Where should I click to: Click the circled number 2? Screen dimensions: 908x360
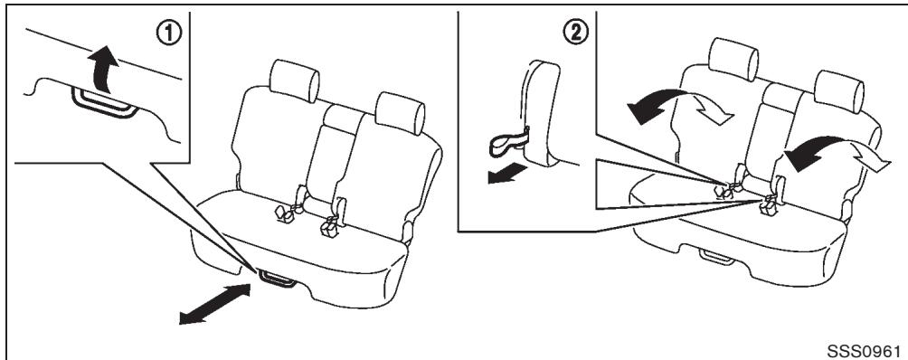pyautogui.click(x=575, y=33)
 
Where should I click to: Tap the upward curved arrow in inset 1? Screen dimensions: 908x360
pyautogui.click(x=104, y=69)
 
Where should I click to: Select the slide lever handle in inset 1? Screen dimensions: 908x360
pyautogui.click(x=104, y=103)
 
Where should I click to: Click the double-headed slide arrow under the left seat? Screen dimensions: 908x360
pyautogui.click(x=215, y=304)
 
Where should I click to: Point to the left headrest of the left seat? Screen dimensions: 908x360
pyautogui.click(x=294, y=81)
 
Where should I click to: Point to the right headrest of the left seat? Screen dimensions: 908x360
pyautogui.click(x=400, y=113)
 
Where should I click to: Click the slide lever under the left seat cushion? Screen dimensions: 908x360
pyautogui.click(x=278, y=279)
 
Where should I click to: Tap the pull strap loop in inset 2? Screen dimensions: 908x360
pyautogui.click(x=508, y=144)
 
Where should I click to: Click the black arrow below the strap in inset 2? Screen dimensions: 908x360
pyautogui.click(x=507, y=173)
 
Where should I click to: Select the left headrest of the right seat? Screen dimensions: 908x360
pyautogui.click(x=733, y=59)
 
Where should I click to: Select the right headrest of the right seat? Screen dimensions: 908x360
pyautogui.click(x=838, y=91)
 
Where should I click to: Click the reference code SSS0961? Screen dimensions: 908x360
pyautogui.click(x=864, y=351)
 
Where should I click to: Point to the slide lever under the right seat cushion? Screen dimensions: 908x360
pyautogui.click(x=717, y=257)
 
